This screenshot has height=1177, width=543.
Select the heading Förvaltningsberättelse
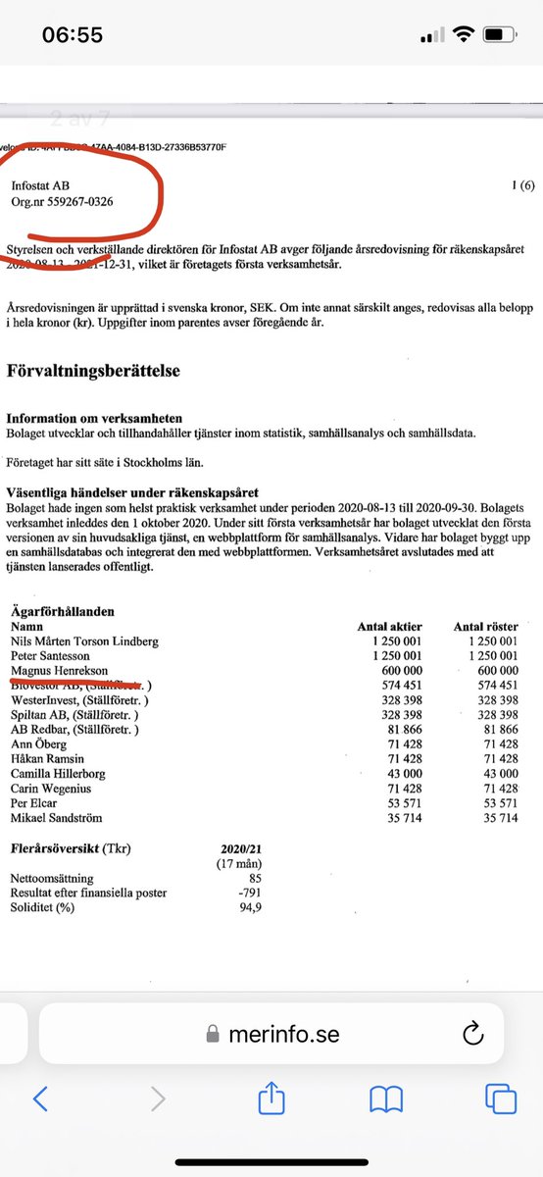click(x=93, y=371)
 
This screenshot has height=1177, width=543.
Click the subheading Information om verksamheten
click(x=94, y=418)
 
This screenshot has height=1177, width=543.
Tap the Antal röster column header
click(x=486, y=626)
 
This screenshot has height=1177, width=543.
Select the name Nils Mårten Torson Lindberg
click(x=84, y=640)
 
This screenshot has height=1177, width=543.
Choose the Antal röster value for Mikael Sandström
click(x=501, y=818)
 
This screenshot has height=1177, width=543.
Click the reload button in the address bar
click(x=472, y=1032)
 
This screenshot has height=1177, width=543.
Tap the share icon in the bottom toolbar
click(x=271, y=1100)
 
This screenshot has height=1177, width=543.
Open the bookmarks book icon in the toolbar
click(x=386, y=1100)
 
